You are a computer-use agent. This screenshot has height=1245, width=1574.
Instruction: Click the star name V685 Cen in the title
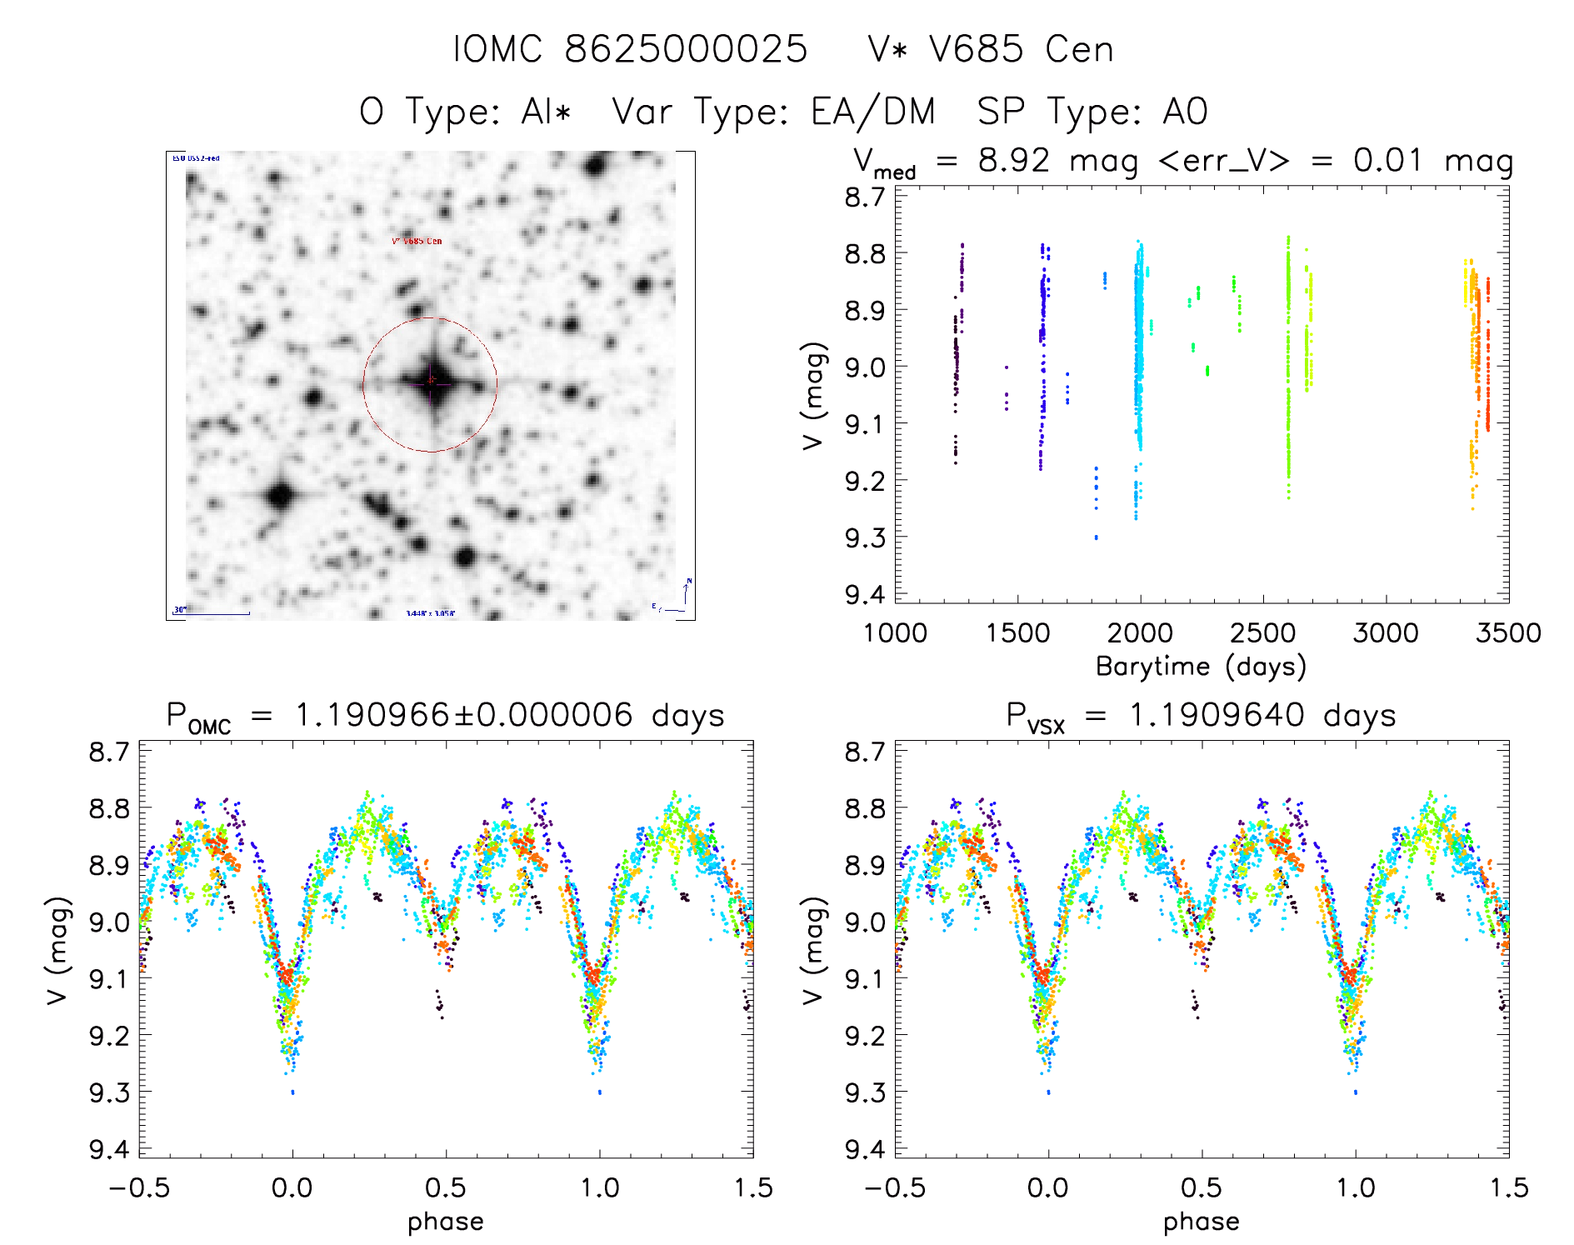click(990, 49)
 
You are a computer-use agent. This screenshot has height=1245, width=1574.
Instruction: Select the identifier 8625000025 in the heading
click(686, 49)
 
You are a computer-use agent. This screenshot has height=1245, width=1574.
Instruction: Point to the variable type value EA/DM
click(873, 112)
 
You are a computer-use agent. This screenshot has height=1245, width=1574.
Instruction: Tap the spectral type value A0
click(1185, 112)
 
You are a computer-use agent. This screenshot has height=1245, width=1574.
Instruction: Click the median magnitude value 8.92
click(1014, 160)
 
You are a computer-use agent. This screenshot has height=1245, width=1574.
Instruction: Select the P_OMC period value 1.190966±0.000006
click(464, 715)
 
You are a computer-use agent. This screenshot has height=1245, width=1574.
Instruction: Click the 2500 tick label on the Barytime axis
click(1262, 633)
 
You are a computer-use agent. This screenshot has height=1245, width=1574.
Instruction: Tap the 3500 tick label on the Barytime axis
click(1507, 633)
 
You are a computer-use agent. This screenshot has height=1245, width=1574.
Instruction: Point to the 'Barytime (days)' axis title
click(1201, 667)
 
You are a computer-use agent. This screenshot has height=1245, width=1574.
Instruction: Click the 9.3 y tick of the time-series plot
click(865, 537)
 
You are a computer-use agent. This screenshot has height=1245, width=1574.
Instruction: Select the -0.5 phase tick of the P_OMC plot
click(139, 1188)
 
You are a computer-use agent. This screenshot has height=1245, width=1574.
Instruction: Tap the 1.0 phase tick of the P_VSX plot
click(1356, 1188)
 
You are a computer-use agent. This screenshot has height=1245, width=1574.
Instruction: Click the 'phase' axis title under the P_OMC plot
click(446, 1222)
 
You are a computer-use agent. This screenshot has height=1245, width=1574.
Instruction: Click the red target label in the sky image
click(417, 242)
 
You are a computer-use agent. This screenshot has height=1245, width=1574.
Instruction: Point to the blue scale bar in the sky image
click(212, 614)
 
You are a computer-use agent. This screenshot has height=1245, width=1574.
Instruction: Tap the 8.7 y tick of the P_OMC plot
click(109, 752)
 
